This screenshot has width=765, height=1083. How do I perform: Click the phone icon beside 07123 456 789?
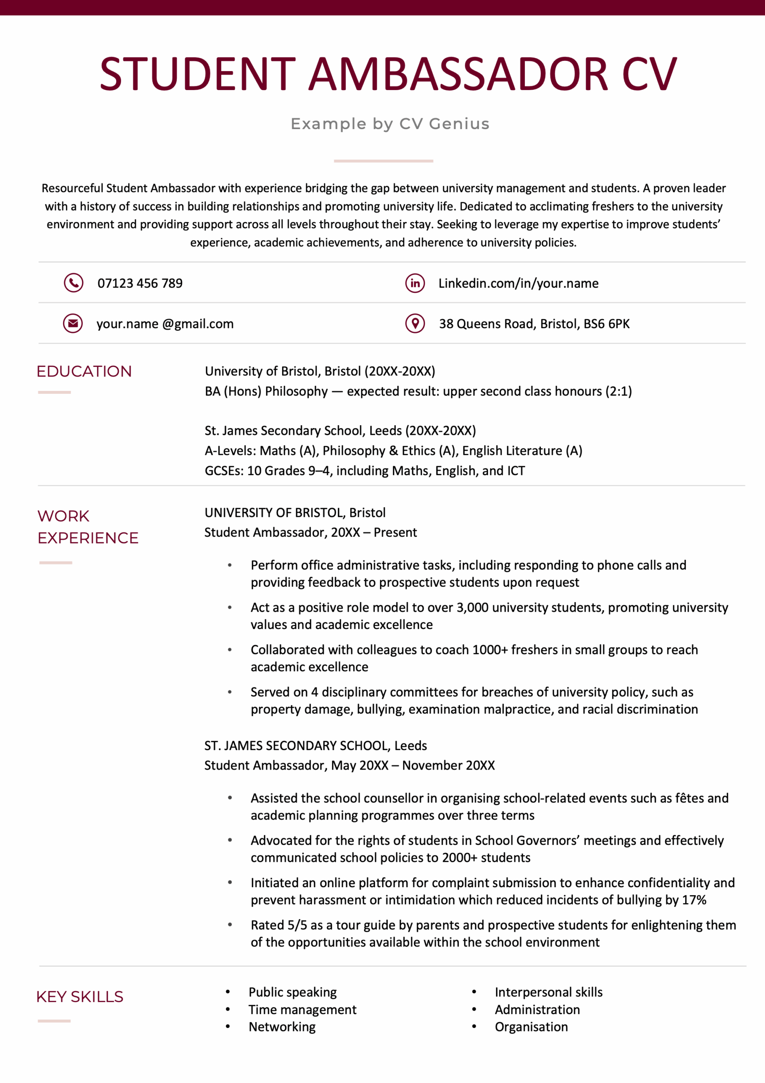[x=74, y=283]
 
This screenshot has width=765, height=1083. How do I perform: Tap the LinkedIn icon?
[x=415, y=283]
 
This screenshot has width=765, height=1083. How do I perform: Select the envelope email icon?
[x=73, y=323]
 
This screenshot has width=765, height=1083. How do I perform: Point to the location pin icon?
[x=415, y=323]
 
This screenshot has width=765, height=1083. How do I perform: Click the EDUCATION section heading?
[x=84, y=371]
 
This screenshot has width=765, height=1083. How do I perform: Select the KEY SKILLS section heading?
[x=80, y=997]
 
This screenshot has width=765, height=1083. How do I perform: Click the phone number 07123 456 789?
[x=140, y=283]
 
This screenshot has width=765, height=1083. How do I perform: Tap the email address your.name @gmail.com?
[x=165, y=324]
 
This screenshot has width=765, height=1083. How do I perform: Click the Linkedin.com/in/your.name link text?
[x=518, y=283]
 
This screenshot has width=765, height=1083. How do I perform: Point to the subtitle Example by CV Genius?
[x=390, y=124]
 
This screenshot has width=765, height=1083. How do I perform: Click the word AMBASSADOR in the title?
[x=458, y=74]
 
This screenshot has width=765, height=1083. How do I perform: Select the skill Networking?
[x=282, y=1027]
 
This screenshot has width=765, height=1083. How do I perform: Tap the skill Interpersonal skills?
[x=548, y=992]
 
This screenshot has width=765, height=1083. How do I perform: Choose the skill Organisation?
[x=531, y=1027]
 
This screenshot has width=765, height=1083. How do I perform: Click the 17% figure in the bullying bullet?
[x=694, y=900]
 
